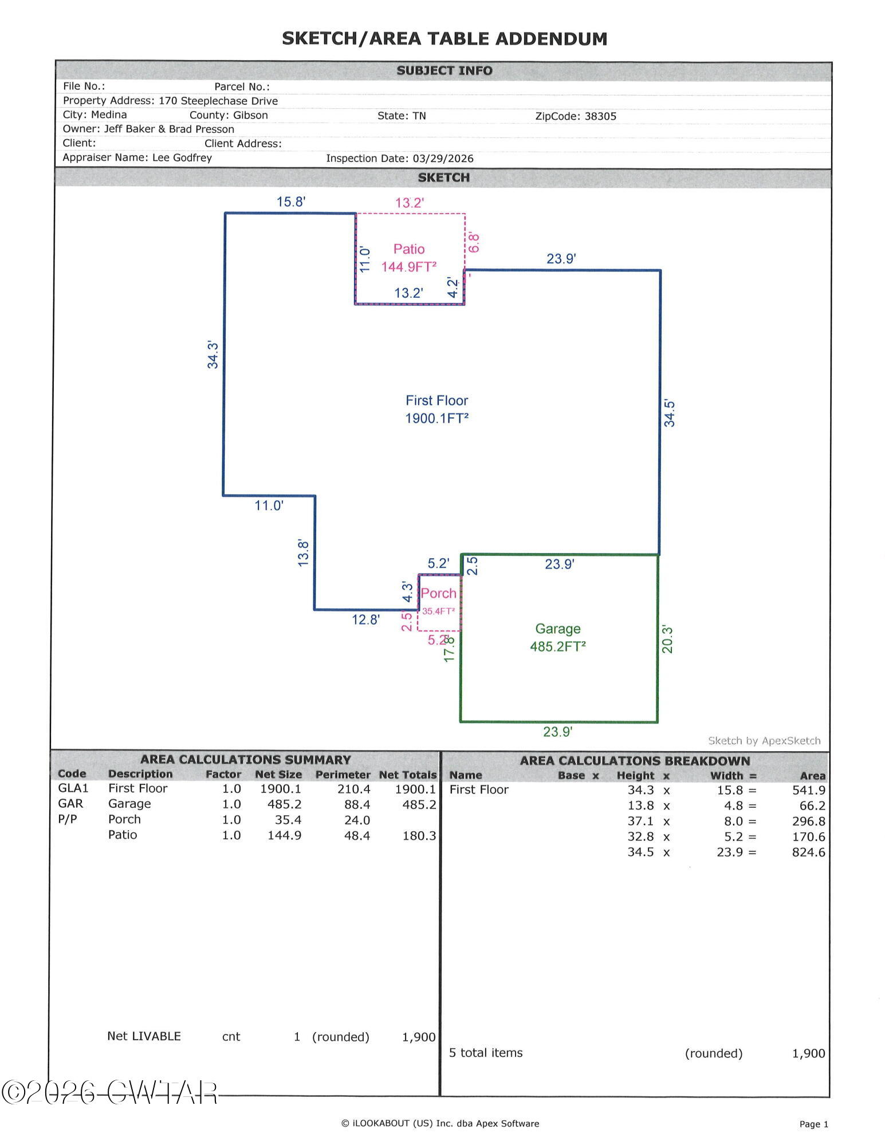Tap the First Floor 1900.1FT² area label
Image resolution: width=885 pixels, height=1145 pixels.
[437, 409]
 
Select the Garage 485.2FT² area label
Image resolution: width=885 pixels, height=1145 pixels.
[558, 638]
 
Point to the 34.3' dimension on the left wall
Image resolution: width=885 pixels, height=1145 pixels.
[213, 355]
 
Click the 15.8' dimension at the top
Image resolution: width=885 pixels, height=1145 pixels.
[291, 202]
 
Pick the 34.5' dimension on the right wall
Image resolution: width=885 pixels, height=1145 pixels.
[669, 413]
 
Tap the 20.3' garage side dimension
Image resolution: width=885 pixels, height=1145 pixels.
[667, 639]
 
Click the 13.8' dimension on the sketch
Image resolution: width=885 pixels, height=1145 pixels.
[303, 553]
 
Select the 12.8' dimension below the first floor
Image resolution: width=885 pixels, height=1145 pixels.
[365, 619]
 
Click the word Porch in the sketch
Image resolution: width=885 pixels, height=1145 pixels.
[439, 593]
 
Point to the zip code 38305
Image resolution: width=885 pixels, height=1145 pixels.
[600, 116]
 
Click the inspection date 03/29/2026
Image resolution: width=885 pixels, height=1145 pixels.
[443, 159]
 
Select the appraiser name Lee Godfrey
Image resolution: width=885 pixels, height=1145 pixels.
[182, 157]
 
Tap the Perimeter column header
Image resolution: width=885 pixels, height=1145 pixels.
[343, 775]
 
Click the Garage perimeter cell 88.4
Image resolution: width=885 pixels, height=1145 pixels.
[357, 804]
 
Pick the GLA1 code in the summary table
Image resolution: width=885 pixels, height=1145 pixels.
[73, 788]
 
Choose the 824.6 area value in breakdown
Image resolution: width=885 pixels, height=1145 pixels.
[809, 852]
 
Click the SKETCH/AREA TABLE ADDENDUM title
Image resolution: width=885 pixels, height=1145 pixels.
[445, 39]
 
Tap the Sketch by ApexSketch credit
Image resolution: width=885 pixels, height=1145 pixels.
[764, 741]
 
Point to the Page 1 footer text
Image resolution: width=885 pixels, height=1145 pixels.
[814, 1124]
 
